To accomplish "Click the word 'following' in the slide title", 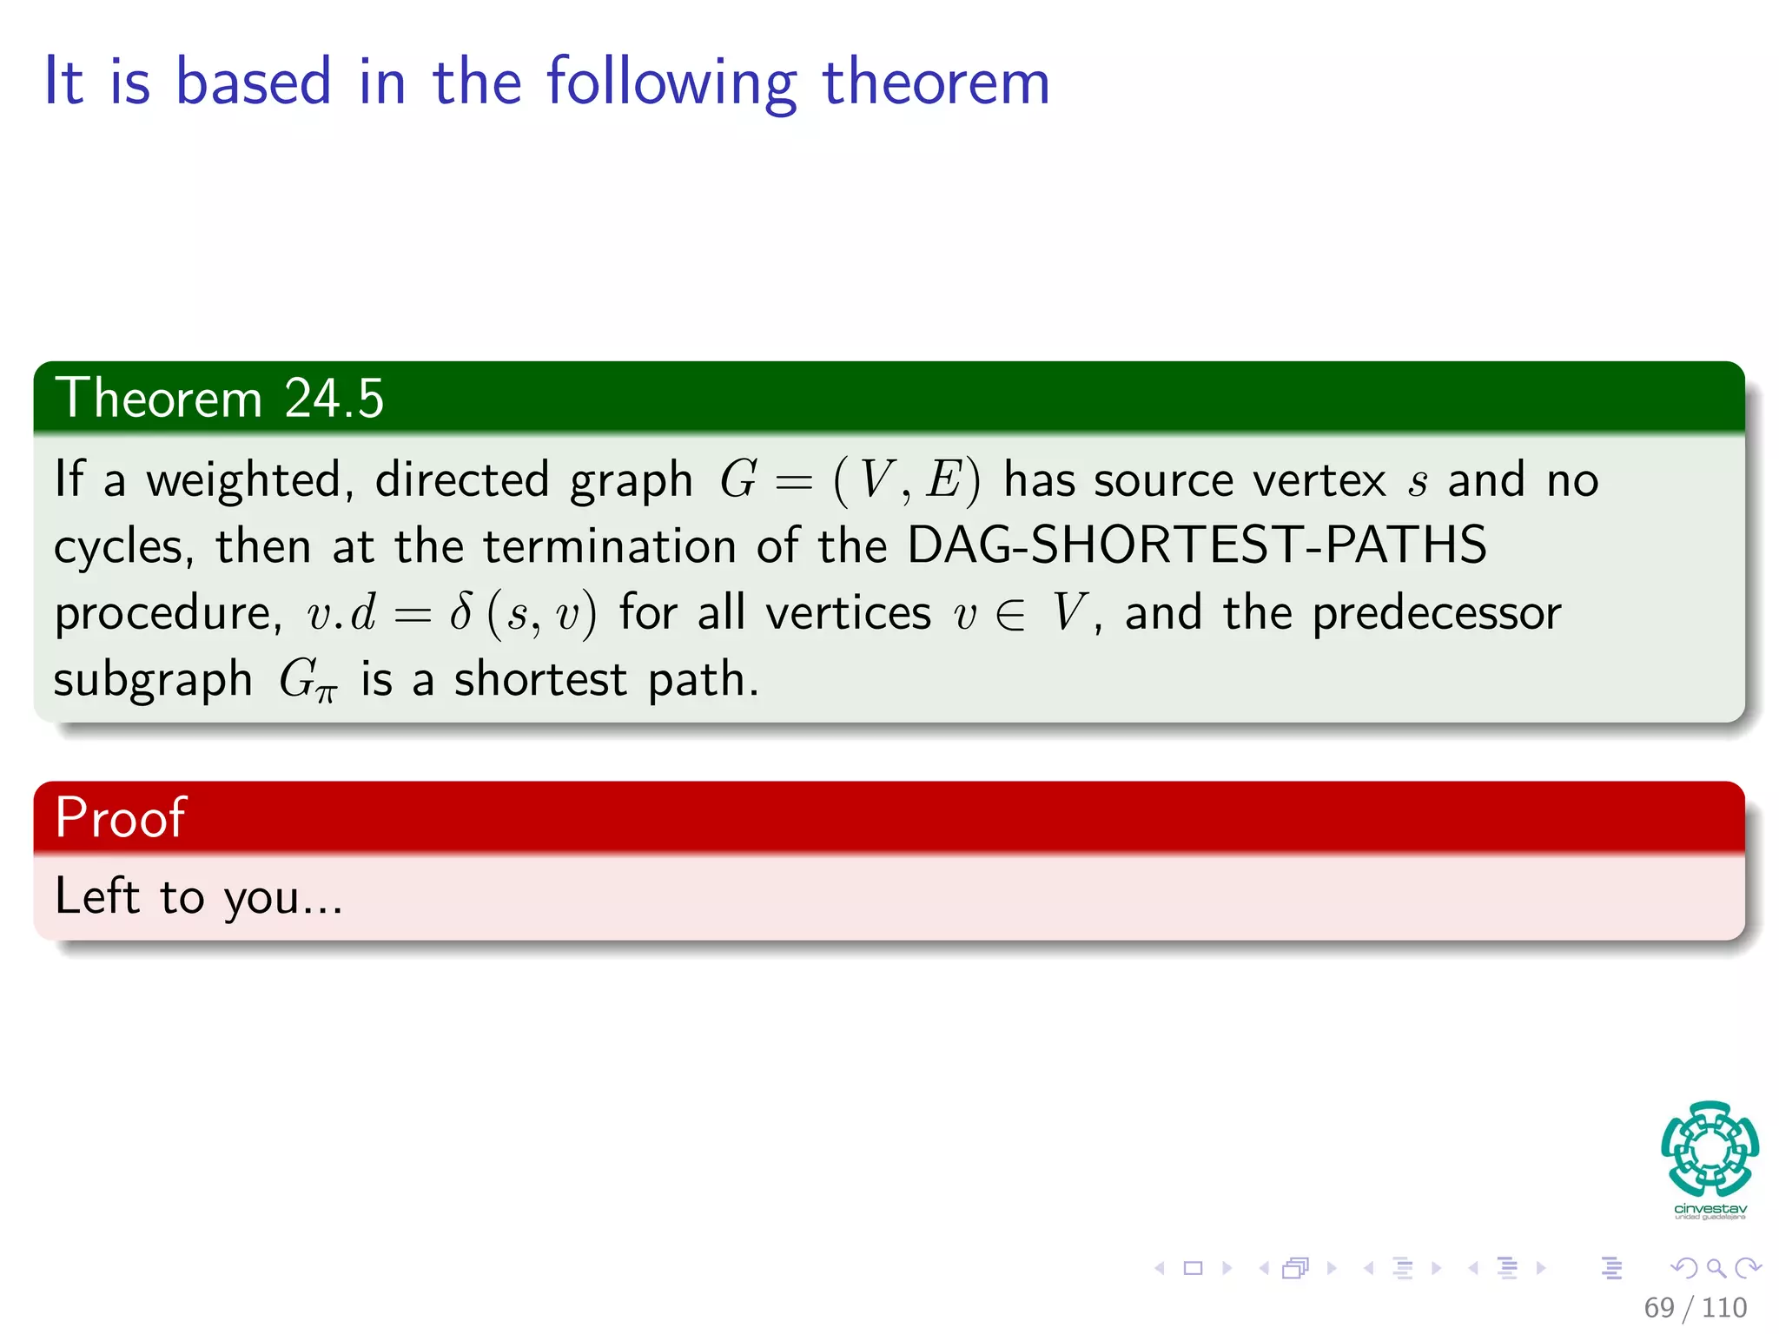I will pos(671,83).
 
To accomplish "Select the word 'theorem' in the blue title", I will pos(936,83).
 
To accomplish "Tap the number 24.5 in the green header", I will pos(334,399).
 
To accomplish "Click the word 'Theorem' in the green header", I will pos(159,399).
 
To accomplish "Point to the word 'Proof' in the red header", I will pos(120,817).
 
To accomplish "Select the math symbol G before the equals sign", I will pos(738,480).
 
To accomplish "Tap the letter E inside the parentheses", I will pos(942,480).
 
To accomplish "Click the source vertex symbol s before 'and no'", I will pos(1417,483).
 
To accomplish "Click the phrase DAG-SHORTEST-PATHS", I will pos(1196,545).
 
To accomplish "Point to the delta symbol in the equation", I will pos(461,612).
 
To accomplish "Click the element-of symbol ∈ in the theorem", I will pos(1010,614).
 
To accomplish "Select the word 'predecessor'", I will pos(1436,614).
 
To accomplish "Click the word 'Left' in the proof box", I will pos(96,896).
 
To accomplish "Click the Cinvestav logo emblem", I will pos(1710,1148).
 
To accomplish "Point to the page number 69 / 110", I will pos(1695,1307).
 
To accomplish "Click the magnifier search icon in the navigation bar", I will pos(1716,1268).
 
